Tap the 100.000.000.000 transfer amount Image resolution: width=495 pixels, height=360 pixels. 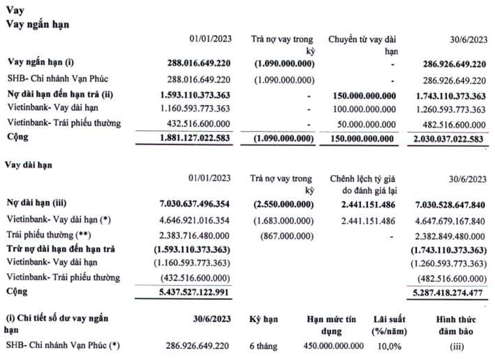(364, 109)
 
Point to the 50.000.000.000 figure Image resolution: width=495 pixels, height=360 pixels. (366, 124)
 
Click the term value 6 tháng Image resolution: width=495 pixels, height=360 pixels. (263, 346)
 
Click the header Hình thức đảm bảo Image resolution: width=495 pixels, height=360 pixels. (456, 325)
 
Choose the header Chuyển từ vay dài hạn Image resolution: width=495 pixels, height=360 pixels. (363, 45)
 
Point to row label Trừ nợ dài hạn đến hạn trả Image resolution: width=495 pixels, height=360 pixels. (60, 249)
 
